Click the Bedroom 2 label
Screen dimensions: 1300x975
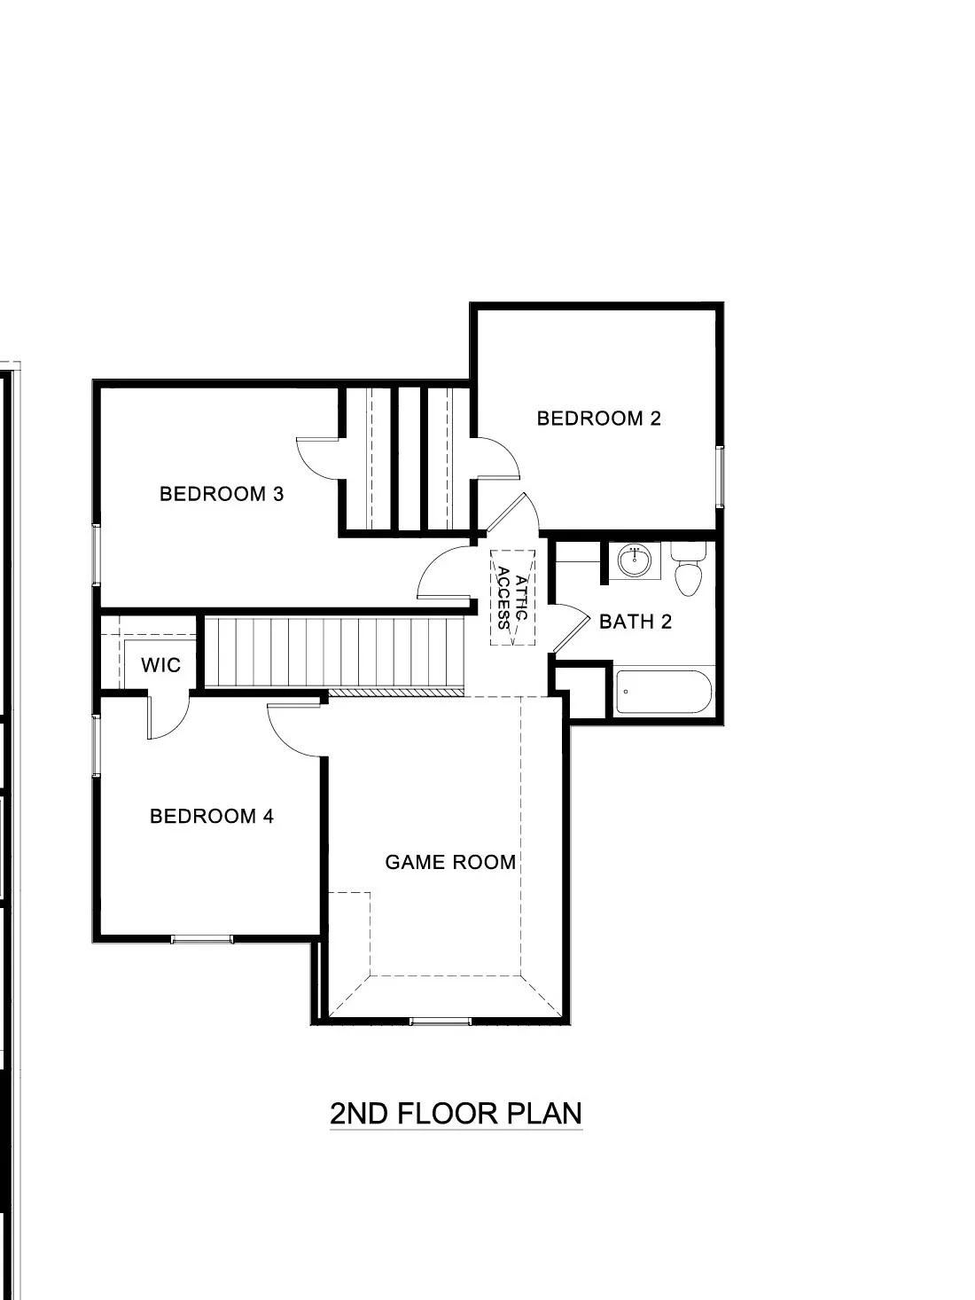click(598, 418)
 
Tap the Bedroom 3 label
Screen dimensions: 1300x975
click(221, 494)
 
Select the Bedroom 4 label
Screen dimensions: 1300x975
click(211, 816)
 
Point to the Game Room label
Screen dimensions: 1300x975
click(449, 862)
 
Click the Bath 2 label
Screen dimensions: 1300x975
click(635, 622)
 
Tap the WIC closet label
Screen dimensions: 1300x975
click(160, 665)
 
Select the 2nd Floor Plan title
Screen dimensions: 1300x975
click(456, 1113)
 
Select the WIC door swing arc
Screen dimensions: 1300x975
click(169, 718)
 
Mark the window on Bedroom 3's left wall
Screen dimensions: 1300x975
click(96, 555)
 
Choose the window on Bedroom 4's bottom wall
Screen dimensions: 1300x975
click(202, 938)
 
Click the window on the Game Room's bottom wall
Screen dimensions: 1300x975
click(441, 1022)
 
